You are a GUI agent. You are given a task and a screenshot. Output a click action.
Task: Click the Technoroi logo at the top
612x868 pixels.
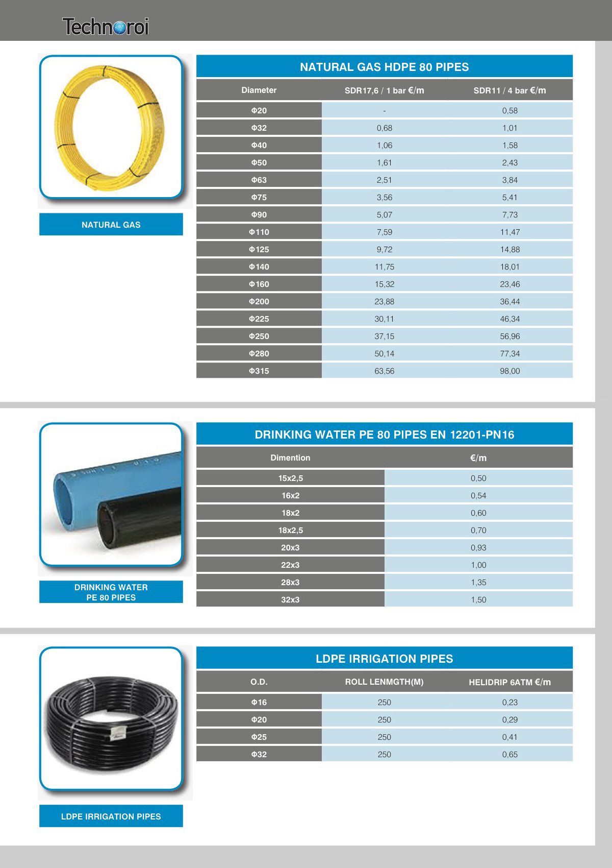[x=106, y=26]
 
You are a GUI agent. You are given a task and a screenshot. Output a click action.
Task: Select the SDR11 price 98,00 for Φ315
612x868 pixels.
[x=509, y=371]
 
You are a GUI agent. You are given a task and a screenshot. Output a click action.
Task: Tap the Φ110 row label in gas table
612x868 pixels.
[x=259, y=232]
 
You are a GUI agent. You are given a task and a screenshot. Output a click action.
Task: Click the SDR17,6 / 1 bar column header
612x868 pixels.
[x=384, y=90]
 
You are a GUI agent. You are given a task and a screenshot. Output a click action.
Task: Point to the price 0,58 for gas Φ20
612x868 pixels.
[x=509, y=111]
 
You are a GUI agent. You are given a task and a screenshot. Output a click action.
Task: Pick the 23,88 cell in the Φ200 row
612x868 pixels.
[x=384, y=302]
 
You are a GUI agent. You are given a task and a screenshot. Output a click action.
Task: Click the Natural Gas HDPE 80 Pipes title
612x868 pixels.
[x=384, y=67]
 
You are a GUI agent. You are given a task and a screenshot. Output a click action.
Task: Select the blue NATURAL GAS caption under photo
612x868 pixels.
[x=111, y=225]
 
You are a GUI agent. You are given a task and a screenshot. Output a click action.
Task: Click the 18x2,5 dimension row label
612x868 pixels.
[x=290, y=531]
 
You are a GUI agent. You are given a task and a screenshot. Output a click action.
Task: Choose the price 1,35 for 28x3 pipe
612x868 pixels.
[x=478, y=583]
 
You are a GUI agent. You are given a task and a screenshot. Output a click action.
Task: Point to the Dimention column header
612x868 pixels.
[x=290, y=458]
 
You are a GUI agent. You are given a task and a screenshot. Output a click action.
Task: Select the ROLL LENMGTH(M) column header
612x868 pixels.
[x=384, y=682]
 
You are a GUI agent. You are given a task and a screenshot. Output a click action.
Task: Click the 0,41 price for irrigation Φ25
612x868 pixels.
[x=509, y=737]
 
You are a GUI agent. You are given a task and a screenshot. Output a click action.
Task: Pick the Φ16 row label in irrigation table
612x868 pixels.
[x=259, y=703]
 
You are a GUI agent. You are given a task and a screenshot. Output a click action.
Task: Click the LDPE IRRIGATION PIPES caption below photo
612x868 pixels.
[x=111, y=816]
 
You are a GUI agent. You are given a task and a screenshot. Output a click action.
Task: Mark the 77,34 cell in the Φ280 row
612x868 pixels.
[x=509, y=354]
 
